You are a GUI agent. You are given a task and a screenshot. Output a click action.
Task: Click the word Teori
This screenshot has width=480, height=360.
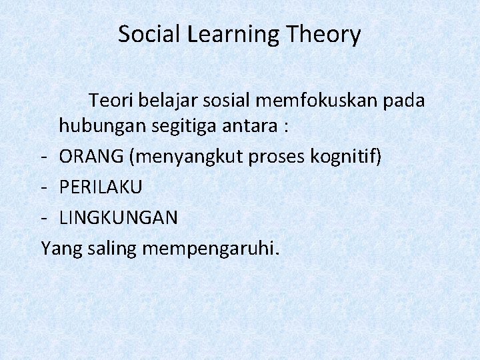tap(111, 101)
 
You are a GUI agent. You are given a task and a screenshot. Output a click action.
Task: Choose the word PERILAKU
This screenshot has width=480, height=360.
tap(101, 187)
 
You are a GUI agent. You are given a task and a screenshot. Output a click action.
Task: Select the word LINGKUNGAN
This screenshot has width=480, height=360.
tap(119, 217)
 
